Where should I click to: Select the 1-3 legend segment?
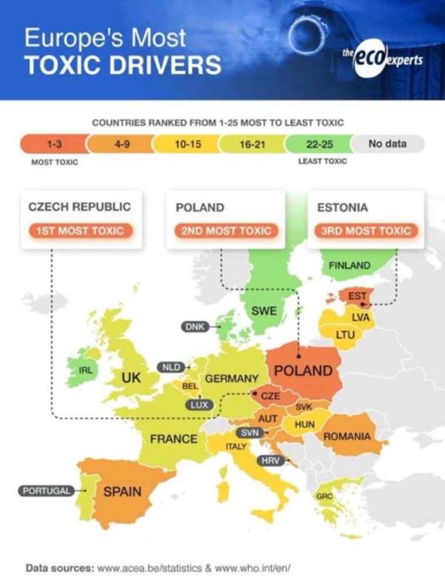[54, 144]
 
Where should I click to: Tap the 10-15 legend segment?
[188, 144]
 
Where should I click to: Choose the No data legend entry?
[388, 143]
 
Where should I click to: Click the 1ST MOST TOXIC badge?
[80, 231]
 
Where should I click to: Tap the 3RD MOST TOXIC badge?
[367, 231]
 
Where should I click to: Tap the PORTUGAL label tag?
[46, 490]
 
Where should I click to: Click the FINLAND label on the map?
[349, 265]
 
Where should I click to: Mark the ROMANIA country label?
[347, 436]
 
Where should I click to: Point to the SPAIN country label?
[122, 491]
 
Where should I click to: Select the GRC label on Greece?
[324, 496]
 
